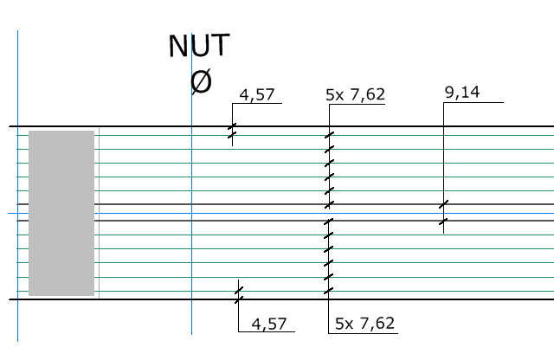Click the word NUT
[x=199, y=47]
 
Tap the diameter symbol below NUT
[x=200, y=81]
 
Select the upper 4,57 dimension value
[x=256, y=95]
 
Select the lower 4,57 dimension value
[x=267, y=325]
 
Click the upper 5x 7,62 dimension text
[x=355, y=95]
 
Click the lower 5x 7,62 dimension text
[x=364, y=325]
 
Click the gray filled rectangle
[x=61, y=213]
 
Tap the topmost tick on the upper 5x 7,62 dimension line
[x=329, y=136]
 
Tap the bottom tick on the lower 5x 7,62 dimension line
[x=329, y=290]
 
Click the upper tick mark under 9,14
[x=443, y=205]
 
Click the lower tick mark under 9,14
[x=443, y=222]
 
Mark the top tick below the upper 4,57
[x=232, y=126]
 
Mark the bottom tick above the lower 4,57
[x=239, y=299]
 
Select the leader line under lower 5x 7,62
[x=364, y=333]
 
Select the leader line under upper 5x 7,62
[x=357, y=105]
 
